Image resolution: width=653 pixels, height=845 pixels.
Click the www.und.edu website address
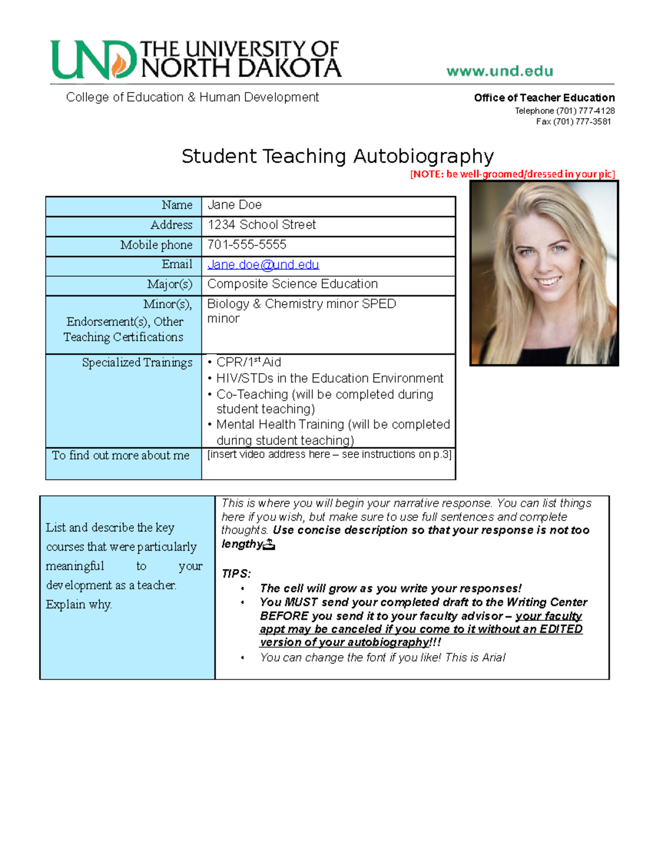(500, 71)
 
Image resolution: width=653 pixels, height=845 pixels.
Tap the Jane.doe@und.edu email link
(263, 264)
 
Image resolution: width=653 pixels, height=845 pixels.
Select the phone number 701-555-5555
(247, 244)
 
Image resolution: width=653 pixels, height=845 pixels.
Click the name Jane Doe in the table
(235, 205)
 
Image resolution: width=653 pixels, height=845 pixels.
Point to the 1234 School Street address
(261, 225)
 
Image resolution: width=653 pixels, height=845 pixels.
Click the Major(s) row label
(169, 284)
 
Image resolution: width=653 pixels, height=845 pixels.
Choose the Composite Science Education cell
(292, 284)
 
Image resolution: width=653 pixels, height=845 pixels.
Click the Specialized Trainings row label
(137, 362)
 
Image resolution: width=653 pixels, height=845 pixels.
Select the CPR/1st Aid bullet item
(249, 362)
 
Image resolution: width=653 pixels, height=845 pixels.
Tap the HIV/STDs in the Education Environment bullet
(329, 378)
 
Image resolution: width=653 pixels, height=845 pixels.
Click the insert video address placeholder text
(329, 454)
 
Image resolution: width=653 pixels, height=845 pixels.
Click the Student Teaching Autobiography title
(337, 156)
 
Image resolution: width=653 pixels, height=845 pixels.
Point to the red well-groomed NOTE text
(512, 174)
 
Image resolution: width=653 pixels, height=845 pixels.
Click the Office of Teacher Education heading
(544, 98)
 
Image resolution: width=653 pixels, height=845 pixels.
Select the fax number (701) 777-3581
(574, 122)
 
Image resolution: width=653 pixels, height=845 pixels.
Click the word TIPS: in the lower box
(236, 573)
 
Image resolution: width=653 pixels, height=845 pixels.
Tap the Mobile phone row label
(156, 245)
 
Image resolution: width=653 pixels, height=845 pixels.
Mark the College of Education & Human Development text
(192, 97)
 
